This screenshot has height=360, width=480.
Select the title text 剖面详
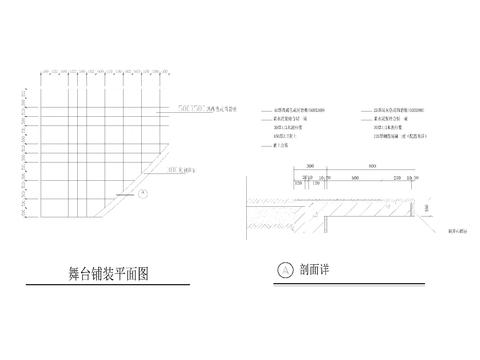click(317, 270)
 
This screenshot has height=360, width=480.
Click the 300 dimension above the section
click(310, 166)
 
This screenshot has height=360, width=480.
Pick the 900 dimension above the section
click(372, 166)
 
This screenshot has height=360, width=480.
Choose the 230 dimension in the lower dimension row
click(395, 177)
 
